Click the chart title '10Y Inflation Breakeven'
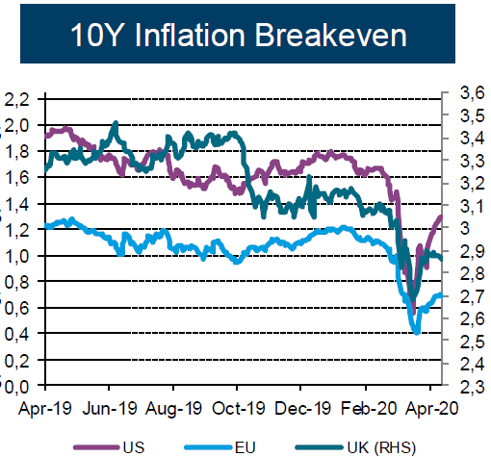pos(239,35)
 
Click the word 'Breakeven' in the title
pos(331,35)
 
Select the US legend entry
pos(109,447)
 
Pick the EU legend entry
pos(220,447)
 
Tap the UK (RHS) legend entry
pos(355,447)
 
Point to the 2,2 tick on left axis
pos(17,100)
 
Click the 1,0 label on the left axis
pos(17,256)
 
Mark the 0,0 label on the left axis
pos(17,387)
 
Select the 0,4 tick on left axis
pos(17,335)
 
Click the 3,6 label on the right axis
pos(473,93)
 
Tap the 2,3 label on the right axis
pos(473,387)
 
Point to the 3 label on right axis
pos(465,228)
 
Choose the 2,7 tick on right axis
pos(473,296)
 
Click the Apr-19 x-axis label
pos(45,409)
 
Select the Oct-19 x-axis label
pos(239,409)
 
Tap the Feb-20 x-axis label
pos(369,409)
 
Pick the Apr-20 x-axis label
pos(432,409)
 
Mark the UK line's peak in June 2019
pos(116,122)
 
